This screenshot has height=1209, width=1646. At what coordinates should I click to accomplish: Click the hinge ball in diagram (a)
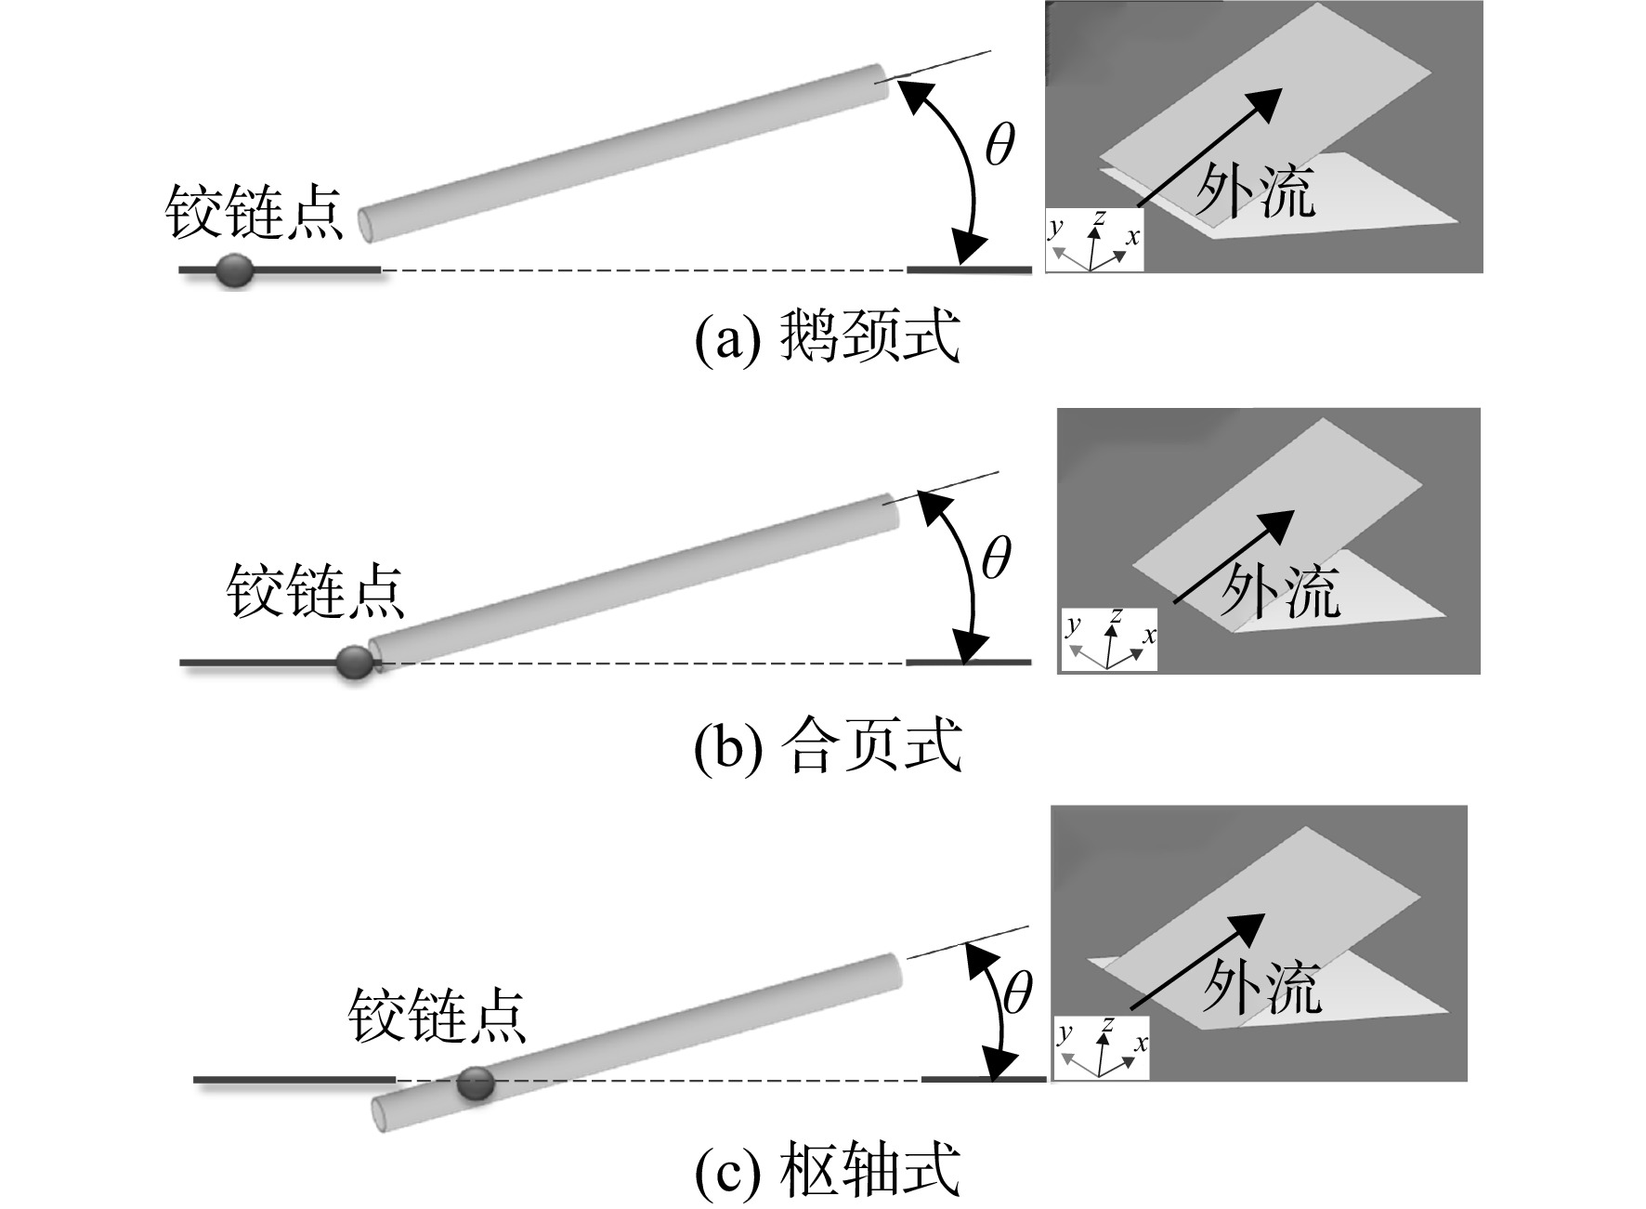point(234,269)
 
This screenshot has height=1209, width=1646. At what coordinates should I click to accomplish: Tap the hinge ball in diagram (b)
point(354,663)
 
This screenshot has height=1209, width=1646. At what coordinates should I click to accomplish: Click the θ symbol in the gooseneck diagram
point(999,145)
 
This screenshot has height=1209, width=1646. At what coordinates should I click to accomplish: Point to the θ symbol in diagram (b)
point(996,559)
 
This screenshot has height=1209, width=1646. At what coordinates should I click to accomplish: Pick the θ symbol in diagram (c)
point(1017,993)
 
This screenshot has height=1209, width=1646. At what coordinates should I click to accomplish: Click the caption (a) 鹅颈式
point(828,336)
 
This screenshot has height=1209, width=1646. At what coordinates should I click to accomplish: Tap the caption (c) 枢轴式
point(828,1170)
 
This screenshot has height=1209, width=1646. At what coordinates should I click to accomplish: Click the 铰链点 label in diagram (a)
point(255,212)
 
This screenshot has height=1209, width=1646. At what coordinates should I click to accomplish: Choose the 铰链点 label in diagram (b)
point(316,591)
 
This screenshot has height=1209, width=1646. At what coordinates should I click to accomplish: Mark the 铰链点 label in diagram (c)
point(438,1015)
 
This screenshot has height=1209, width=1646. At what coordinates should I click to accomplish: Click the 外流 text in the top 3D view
point(1255,191)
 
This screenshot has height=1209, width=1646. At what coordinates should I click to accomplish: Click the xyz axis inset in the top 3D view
point(1094,240)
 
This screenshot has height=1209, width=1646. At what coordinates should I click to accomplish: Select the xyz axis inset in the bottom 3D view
point(1102,1046)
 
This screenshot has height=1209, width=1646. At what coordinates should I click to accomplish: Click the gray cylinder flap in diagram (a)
point(623,152)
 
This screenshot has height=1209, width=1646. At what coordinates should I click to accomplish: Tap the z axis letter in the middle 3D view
point(1116,616)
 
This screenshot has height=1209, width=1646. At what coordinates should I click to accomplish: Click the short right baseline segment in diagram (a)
point(969,269)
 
